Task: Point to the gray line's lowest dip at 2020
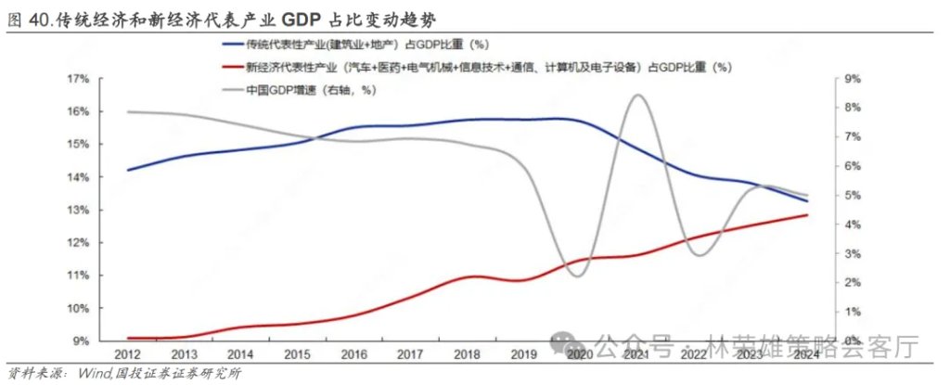click(x=577, y=276)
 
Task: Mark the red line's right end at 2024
click(x=806, y=215)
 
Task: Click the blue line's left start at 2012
click(x=128, y=170)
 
